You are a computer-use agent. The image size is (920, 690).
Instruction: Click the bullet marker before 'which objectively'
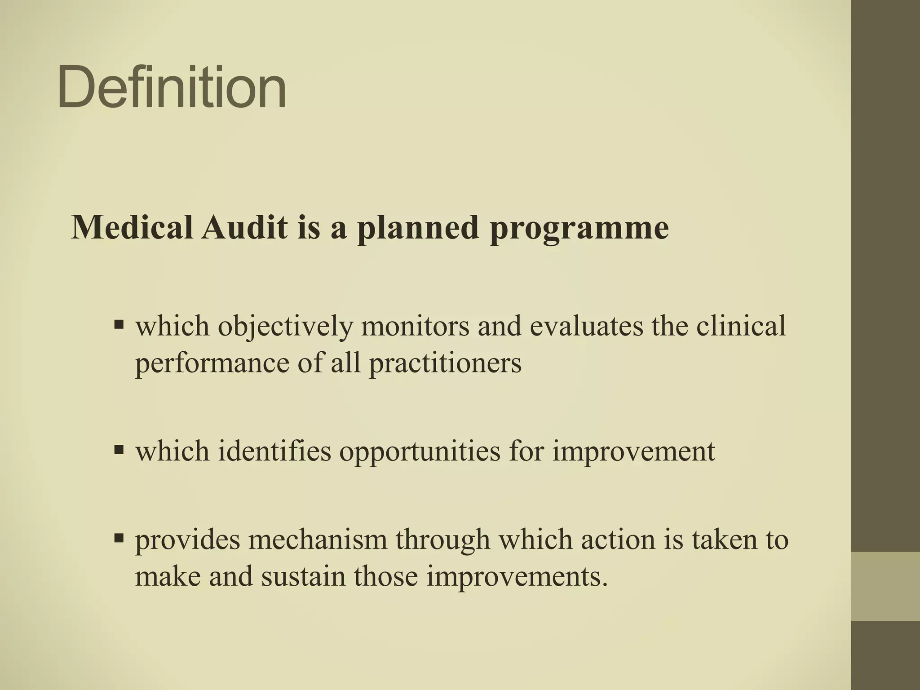point(119,324)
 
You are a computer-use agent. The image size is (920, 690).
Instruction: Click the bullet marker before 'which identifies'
point(119,449)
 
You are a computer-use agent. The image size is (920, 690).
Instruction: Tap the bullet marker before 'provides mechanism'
point(119,538)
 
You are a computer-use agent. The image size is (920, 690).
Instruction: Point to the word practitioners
point(445,363)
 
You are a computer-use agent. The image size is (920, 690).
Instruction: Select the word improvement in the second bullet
point(633,451)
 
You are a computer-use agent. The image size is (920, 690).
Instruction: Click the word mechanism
point(317,540)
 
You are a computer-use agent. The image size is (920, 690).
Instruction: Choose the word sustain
point(303,576)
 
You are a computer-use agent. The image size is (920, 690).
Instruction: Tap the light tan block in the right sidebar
point(885,586)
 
